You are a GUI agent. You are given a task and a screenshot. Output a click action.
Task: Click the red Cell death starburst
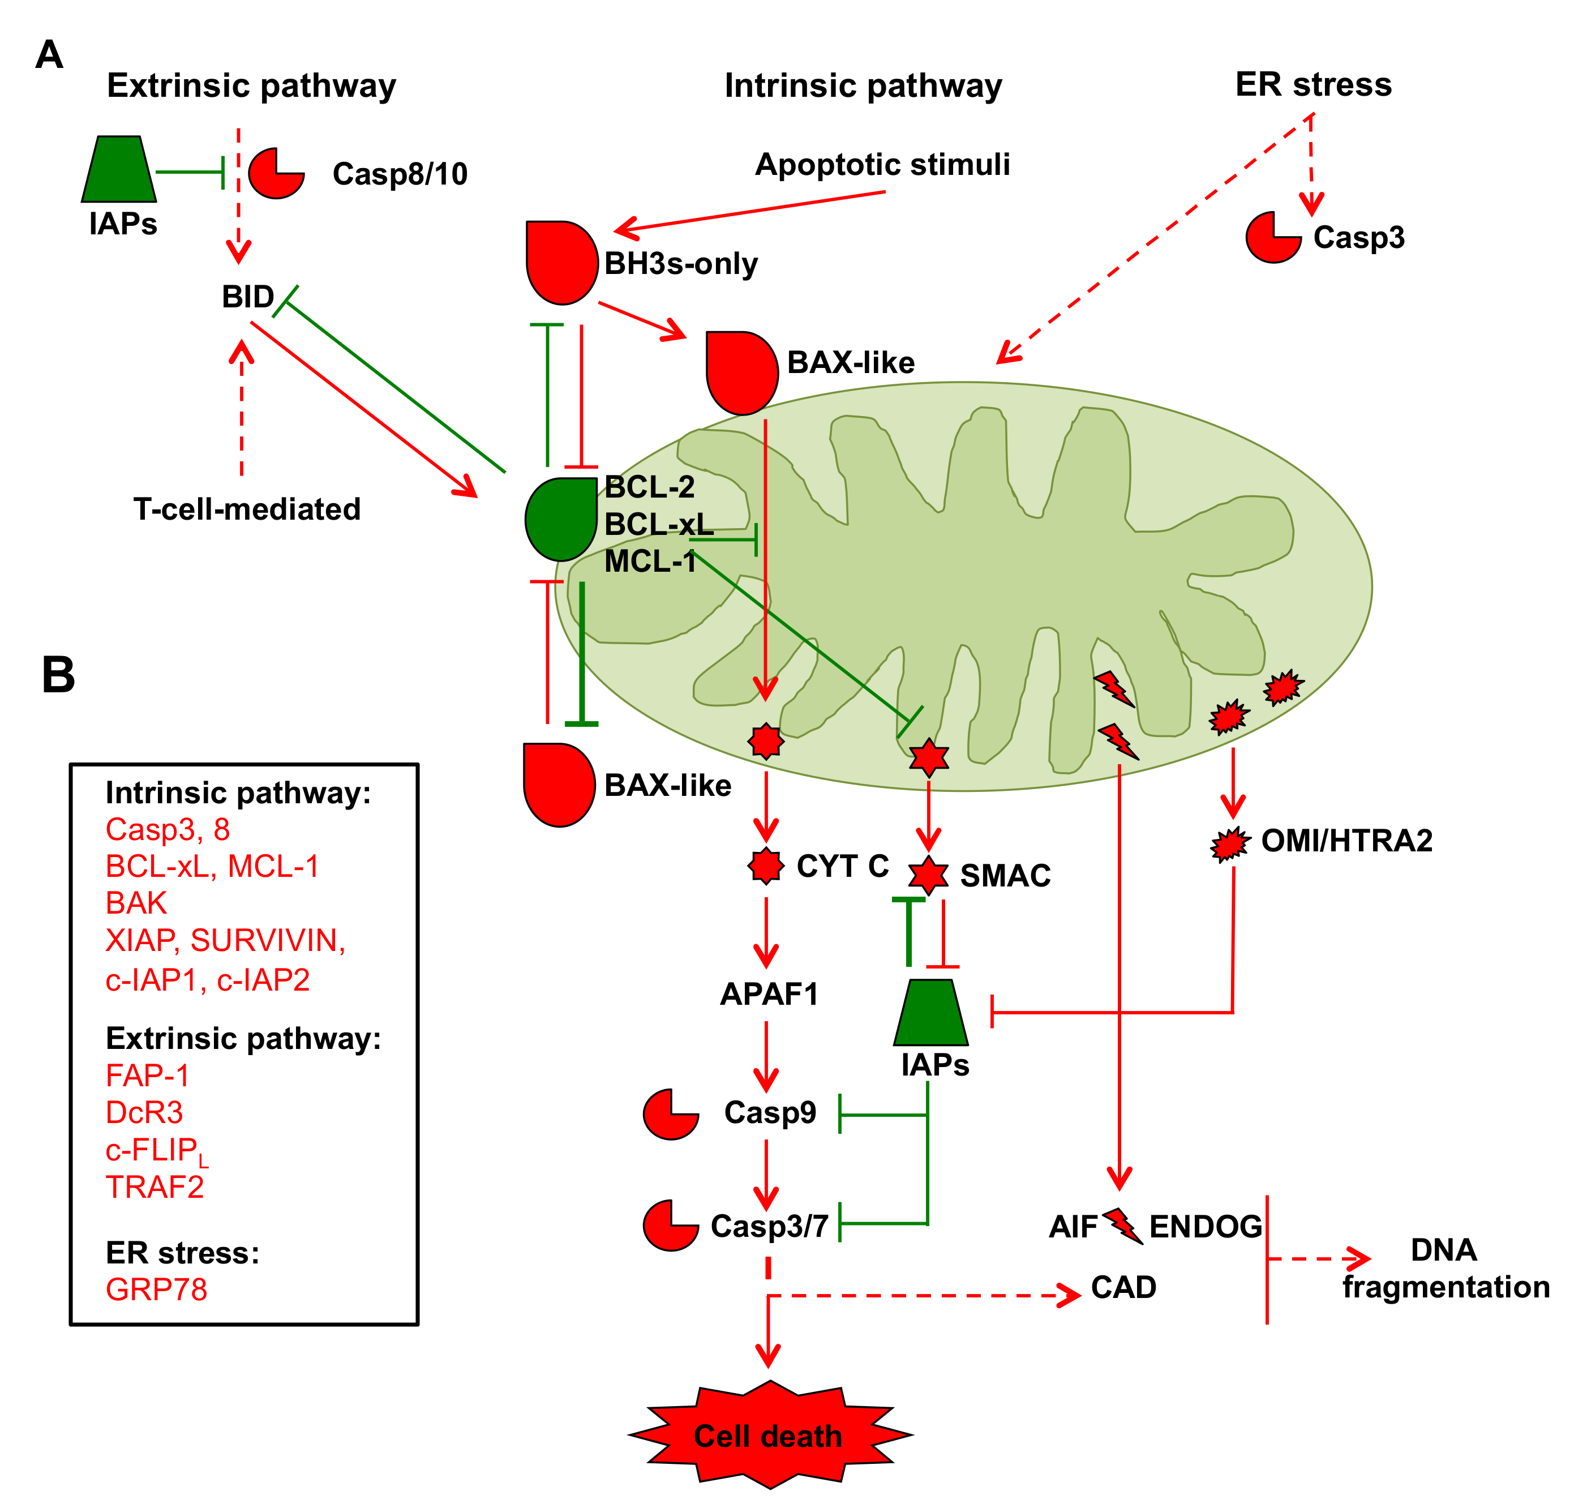click(769, 1435)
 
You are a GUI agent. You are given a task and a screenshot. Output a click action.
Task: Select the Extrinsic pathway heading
click(251, 85)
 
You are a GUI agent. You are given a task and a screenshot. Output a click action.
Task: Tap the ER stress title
click(1313, 84)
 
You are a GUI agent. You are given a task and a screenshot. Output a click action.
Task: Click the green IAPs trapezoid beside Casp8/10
click(119, 170)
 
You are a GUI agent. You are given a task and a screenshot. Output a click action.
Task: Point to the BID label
click(247, 297)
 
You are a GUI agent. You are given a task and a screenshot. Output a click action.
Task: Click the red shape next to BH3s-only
click(560, 262)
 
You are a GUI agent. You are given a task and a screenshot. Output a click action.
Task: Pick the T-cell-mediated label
click(247, 509)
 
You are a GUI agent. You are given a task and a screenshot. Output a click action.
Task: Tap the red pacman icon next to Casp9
click(670, 1114)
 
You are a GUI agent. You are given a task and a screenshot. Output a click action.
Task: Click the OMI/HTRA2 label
click(1346, 841)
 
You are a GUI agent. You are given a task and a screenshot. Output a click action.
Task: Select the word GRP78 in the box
click(157, 1289)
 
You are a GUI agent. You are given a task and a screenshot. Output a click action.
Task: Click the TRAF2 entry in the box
click(155, 1186)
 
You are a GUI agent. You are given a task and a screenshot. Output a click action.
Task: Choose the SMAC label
click(1005, 875)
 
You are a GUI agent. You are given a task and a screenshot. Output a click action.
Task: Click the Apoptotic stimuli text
click(882, 165)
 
